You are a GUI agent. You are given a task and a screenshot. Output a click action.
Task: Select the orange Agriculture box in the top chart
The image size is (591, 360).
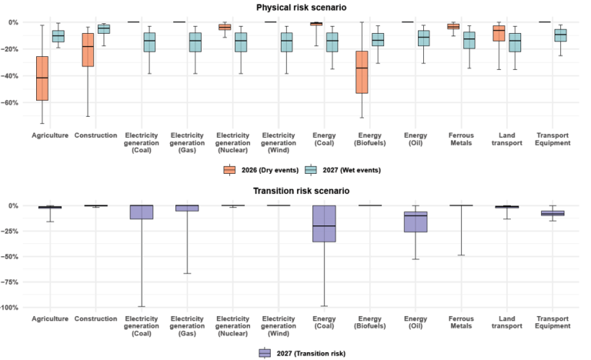42,78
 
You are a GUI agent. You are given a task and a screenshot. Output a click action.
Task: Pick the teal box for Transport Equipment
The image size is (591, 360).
560,35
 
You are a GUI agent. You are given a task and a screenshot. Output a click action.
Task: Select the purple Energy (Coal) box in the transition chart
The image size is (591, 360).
324,224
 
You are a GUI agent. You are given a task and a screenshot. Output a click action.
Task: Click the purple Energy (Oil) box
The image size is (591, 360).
416,222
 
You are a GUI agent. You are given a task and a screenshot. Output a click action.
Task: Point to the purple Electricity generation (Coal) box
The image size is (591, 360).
141,212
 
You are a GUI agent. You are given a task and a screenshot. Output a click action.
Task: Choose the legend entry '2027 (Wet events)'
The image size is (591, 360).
347,169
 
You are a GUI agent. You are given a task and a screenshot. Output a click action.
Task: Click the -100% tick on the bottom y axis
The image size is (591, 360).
11,308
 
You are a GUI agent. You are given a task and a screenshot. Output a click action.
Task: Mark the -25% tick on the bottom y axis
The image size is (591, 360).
12,231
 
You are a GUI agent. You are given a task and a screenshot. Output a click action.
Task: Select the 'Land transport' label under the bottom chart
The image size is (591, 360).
507,322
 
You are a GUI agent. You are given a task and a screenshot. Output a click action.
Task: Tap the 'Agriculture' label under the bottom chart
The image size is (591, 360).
50,318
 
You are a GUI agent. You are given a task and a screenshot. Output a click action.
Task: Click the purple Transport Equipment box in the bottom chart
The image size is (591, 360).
553,213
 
